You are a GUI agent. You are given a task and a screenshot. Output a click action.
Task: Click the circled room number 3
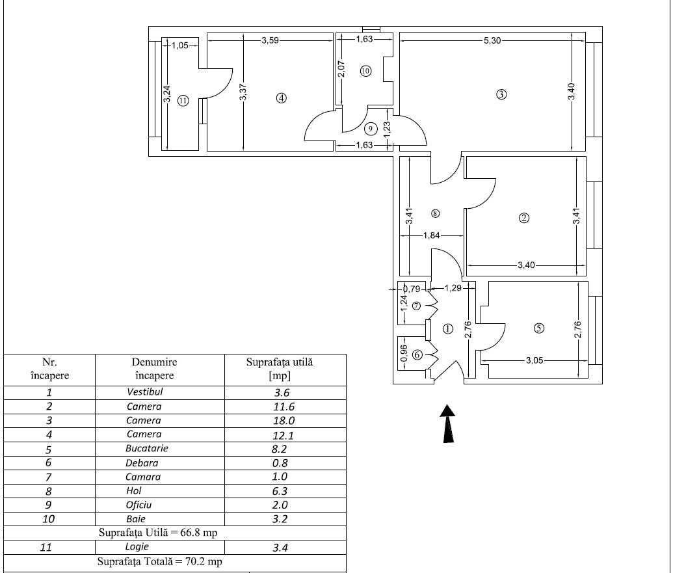[501, 94]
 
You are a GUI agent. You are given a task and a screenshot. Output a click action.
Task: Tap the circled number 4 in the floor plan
[281, 98]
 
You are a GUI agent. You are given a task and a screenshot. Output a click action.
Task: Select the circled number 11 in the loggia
[183, 101]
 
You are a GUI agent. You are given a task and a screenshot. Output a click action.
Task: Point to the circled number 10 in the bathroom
[365, 71]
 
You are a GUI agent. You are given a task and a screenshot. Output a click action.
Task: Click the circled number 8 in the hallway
[435, 213]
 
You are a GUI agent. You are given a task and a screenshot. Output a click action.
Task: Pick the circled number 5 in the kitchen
[538, 328]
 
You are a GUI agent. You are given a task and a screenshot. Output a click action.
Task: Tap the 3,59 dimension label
[270, 41]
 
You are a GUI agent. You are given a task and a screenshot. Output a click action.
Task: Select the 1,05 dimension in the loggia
[179, 46]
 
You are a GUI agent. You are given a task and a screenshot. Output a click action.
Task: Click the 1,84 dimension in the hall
[432, 236]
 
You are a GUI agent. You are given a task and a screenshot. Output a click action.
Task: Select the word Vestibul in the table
[144, 392]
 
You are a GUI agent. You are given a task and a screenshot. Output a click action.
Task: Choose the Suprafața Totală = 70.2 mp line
[160, 561]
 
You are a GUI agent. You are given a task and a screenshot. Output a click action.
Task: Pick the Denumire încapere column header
[154, 369]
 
